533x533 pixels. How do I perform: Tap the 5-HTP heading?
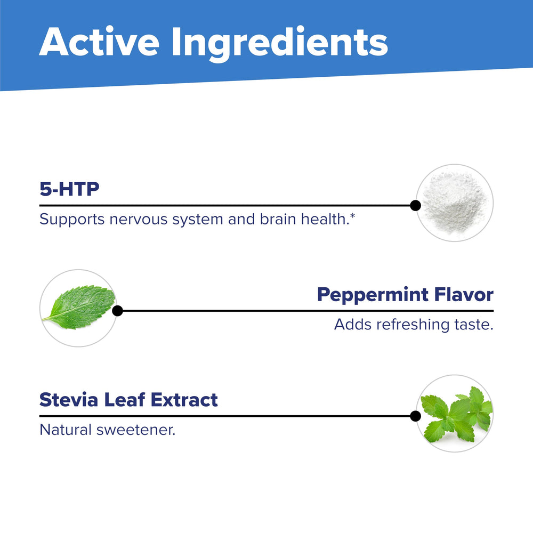pyautogui.click(x=69, y=189)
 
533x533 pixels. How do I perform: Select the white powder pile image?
pyautogui.click(x=454, y=203)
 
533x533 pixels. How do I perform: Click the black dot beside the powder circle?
pyautogui.click(x=415, y=205)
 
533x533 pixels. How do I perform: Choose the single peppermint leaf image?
pyautogui.click(x=79, y=308)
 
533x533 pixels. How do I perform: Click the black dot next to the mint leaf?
pyautogui.click(x=118, y=311)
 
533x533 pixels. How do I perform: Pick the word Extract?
pyautogui.click(x=184, y=399)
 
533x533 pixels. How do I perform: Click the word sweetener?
pyautogui.click(x=136, y=430)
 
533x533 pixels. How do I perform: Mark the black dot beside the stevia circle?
pyautogui.click(x=415, y=416)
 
